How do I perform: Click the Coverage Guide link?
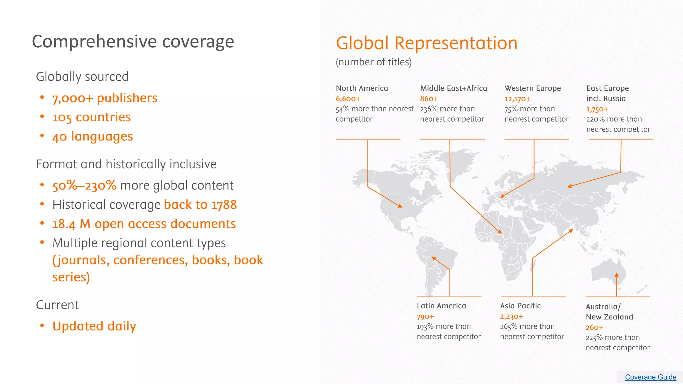[650, 377]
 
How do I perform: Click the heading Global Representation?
[427, 43]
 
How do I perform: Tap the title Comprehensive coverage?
[133, 42]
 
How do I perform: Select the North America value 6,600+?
[348, 99]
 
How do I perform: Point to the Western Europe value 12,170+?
[517, 99]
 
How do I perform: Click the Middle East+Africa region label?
[453, 88]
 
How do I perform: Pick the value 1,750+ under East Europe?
[597, 109]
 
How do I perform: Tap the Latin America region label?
[441, 306]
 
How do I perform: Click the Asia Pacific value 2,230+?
[511, 316]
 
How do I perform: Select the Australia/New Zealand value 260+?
[594, 327]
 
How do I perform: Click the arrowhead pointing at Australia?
[617, 275]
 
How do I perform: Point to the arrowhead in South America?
[434, 258]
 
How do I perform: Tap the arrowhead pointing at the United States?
[400, 206]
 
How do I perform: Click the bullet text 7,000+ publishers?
[105, 98]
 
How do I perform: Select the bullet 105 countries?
[91, 117]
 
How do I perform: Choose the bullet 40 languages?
[92, 137]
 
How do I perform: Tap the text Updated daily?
[94, 326]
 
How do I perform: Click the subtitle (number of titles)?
[374, 62]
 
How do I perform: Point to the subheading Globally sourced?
[82, 77]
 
